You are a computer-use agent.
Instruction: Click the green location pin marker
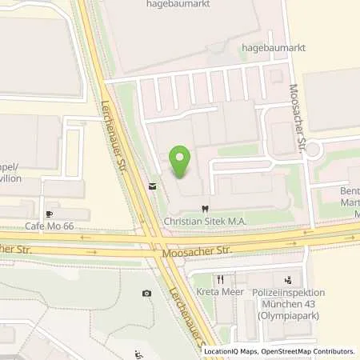pyautogui.click(x=181, y=163)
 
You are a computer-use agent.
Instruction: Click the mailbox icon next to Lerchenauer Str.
pyautogui.click(x=151, y=186)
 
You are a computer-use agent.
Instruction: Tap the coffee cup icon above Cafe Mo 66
pyautogui.click(x=50, y=214)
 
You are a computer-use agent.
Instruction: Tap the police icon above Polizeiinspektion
pyautogui.click(x=286, y=280)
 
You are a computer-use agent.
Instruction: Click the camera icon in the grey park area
pyautogui.click(x=146, y=294)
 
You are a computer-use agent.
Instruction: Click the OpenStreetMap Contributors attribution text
pyautogui.click(x=310, y=351)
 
